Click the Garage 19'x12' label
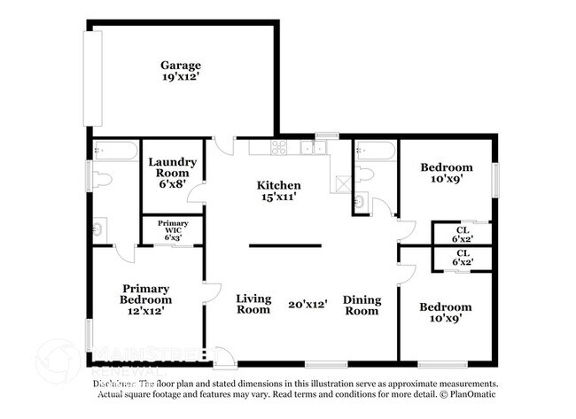pos(181,72)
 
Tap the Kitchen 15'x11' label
pos(278,191)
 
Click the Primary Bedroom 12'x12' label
pos(146,299)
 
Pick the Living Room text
pos(253,304)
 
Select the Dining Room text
pos(361,304)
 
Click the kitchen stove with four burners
pos(278,147)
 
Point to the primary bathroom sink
pos(99,229)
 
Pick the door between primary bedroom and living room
pos(211,296)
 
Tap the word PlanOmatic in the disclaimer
pos(469,393)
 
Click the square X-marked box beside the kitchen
pos(340,184)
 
